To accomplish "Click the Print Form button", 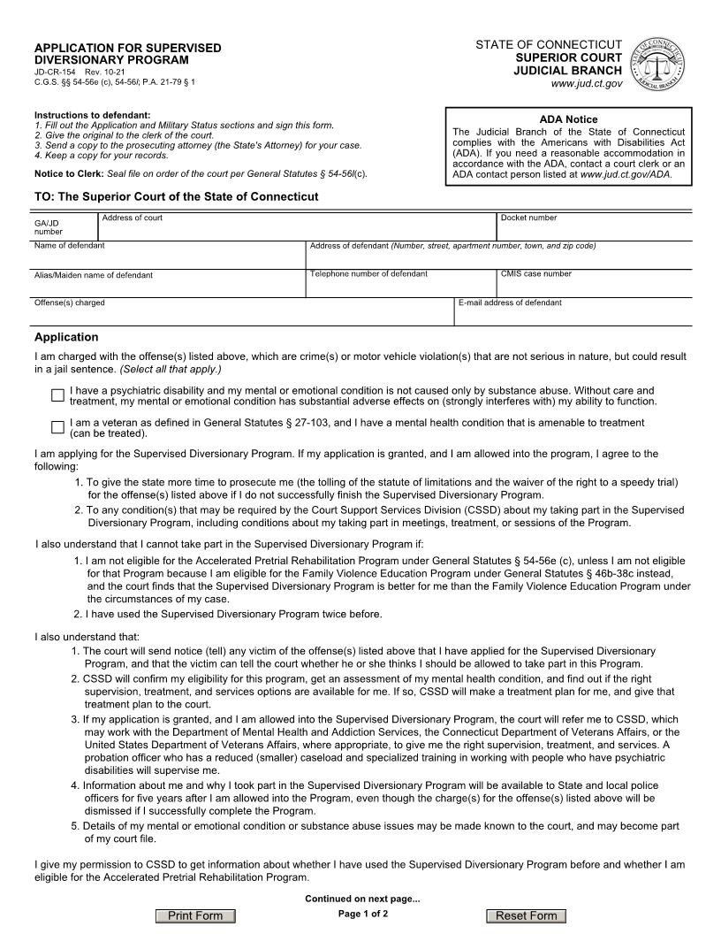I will click(x=195, y=915).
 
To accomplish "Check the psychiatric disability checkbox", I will click(x=58, y=395).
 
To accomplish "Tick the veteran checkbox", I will click(x=58, y=428).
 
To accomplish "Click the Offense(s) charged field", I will click(x=243, y=315).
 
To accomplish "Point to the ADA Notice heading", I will click(x=568, y=119).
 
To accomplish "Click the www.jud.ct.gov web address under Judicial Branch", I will click(x=586, y=83).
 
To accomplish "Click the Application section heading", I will click(x=66, y=337).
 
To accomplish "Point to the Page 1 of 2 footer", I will click(x=363, y=914).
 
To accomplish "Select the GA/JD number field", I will click(x=65, y=228).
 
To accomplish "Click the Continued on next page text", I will click(x=362, y=899).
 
